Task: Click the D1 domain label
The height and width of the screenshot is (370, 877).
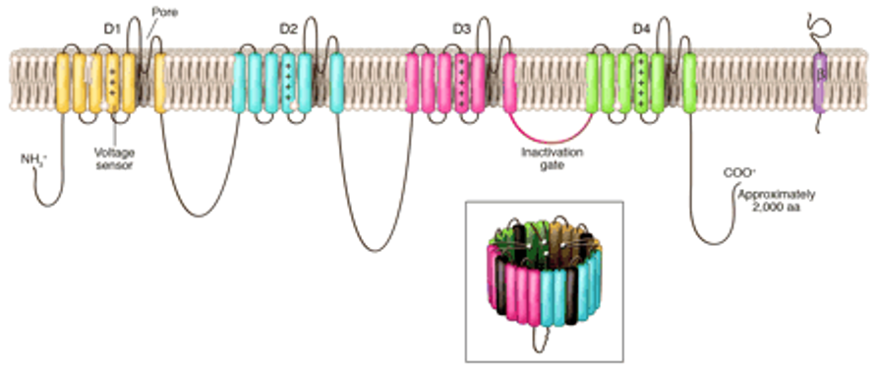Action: tap(111, 28)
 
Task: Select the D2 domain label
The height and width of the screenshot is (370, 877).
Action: tap(287, 28)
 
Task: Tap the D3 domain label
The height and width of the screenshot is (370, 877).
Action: tap(461, 28)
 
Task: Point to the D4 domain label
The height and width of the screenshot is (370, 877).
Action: tap(640, 28)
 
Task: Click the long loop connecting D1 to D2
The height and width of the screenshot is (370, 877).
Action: tap(202, 209)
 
